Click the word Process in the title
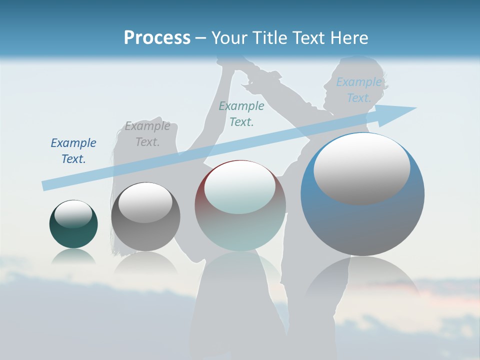coord(157,37)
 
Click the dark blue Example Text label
coord(73,151)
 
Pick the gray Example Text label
coord(147,134)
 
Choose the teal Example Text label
coord(241,113)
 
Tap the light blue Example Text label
coord(359,90)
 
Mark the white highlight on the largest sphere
coord(361,168)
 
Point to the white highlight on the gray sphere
coord(145,202)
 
